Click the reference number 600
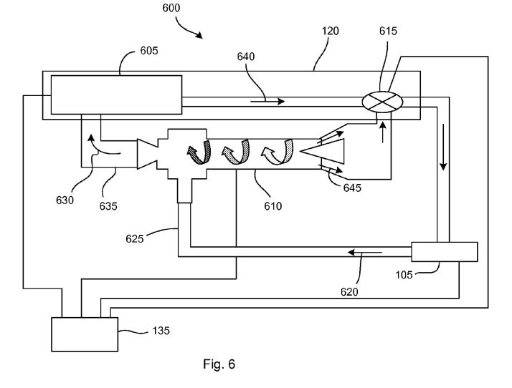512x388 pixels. tap(171, 7)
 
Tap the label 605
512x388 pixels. tap(149, 51)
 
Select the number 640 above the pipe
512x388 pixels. tap(245, 57)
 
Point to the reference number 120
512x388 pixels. tap(331, 31)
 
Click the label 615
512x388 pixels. tap(388, 31)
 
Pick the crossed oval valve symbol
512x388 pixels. tap(383, 102)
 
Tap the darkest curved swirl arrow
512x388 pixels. tap(199, 152)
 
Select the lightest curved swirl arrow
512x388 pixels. tap(278, 152)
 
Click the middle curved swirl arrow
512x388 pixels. tap(236, 152)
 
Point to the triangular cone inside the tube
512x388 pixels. tap(322, 151)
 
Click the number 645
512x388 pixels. tap(352, 188)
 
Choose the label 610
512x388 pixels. tap(273, 206)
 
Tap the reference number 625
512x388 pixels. tap(135, 239)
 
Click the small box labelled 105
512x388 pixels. tap(445, 252)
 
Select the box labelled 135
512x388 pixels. tap(85, 334)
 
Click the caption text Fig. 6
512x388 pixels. tap(219, 364)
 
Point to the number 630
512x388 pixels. tap(65, 200)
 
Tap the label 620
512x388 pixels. tap(349, 292)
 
